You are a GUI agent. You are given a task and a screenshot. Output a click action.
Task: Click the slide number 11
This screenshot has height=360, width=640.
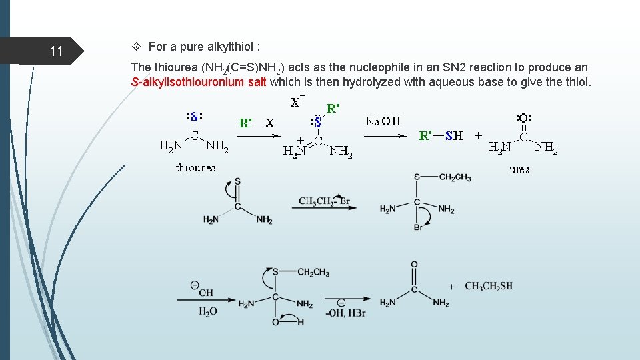point(56,51)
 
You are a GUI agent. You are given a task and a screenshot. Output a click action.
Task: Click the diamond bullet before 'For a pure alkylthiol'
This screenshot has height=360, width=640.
point(136,47)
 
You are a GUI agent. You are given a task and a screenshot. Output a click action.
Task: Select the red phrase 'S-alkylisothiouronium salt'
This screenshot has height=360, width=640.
point(199,82)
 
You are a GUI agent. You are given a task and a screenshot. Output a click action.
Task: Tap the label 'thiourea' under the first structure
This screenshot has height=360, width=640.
point(196,167)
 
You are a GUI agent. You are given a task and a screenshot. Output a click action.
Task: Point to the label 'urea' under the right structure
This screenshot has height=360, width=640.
point(520,169)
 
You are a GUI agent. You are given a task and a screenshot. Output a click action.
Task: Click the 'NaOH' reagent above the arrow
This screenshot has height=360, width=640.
point(383,121)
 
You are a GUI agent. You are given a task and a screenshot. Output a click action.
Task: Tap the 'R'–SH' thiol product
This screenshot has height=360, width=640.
point(440,136)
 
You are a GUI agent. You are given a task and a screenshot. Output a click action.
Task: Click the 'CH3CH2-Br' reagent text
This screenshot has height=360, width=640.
point(324,201)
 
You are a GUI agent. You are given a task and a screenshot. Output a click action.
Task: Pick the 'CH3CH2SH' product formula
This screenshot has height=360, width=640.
point(489,286)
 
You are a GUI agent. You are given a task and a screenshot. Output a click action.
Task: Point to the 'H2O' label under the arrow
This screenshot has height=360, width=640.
point(207,311)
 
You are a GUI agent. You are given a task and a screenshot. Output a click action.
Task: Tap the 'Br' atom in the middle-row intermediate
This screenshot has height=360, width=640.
point(418,228)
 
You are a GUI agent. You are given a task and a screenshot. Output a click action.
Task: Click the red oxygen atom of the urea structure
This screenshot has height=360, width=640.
point(523,119)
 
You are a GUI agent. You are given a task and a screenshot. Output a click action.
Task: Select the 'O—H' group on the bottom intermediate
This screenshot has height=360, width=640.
point(287,322)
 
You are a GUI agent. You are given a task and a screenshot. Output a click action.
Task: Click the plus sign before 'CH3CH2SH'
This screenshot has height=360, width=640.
point(451,287)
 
